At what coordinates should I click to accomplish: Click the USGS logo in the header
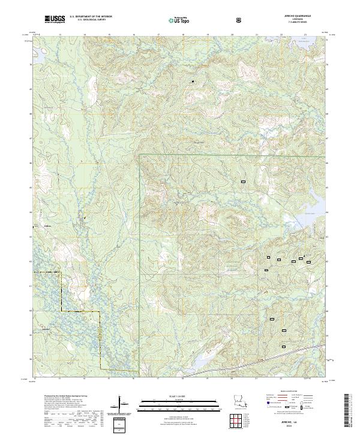54,19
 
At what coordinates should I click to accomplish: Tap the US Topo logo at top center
179,19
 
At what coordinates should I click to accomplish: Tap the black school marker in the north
193,81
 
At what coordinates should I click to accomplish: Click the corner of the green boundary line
139,155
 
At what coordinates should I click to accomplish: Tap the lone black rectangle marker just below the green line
244,181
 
